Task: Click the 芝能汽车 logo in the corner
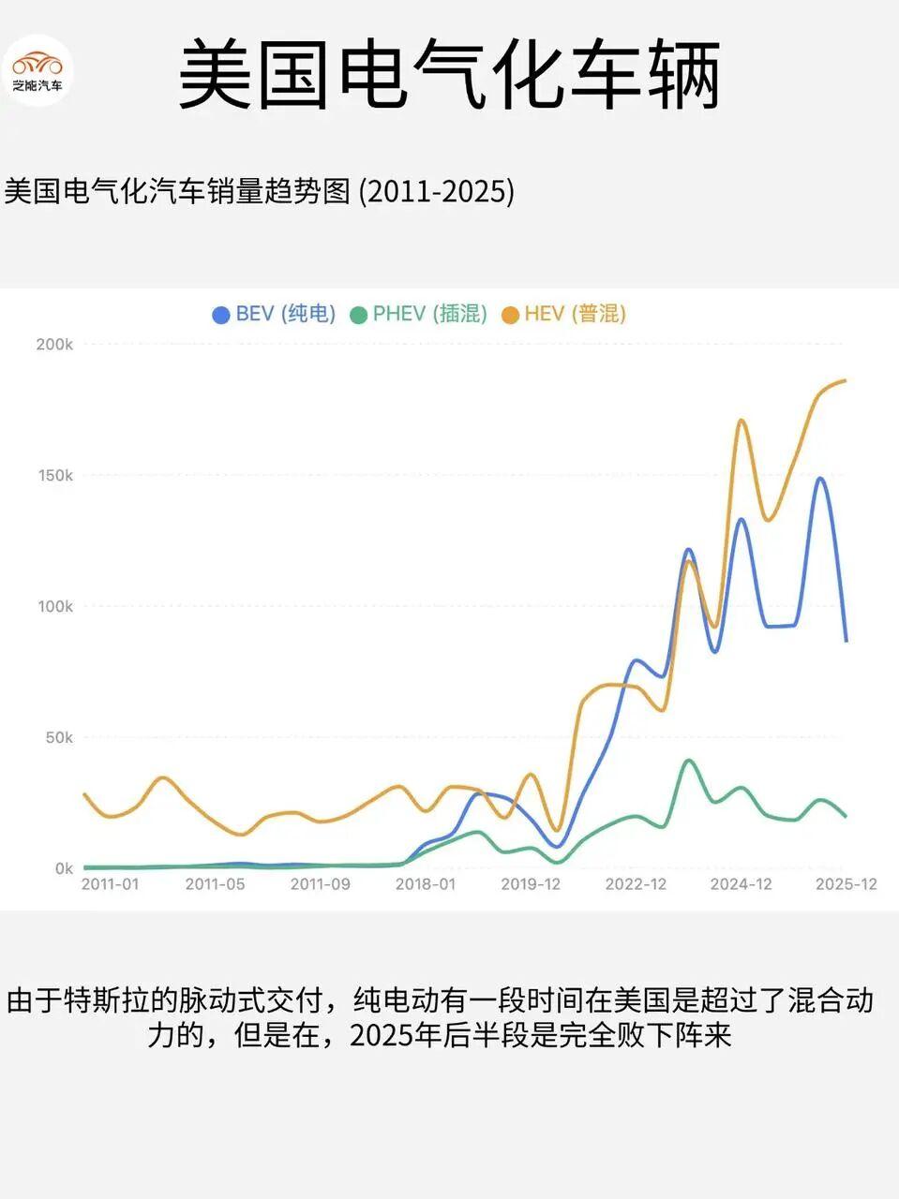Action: (x=37, y=70)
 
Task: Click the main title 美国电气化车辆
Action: (x=449, y=75)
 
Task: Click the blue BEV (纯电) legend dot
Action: (x=221, y=315)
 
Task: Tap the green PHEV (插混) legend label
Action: (x=429, y=314)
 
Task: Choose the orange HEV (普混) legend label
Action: (x=575, y=314)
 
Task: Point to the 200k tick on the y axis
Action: (x=54, y=344)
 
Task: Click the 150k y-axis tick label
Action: (x=54, y=475)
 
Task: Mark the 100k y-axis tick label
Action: (x=54, y=606)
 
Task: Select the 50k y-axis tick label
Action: (x=58, y=737)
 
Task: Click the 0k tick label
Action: (x=63, y=868)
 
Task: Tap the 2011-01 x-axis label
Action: (x=110, y=884)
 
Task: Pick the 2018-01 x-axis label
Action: (x=425, y=884)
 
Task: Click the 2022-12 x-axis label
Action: (x=636, y=884)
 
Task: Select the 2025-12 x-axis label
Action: (x=846, y=884)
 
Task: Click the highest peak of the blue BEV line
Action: (x=820, y=478)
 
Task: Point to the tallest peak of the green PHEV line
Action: (x=689, y=761)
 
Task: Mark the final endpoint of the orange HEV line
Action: (x=846, y=380)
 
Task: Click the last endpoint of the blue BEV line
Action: (x=847, y=641)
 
